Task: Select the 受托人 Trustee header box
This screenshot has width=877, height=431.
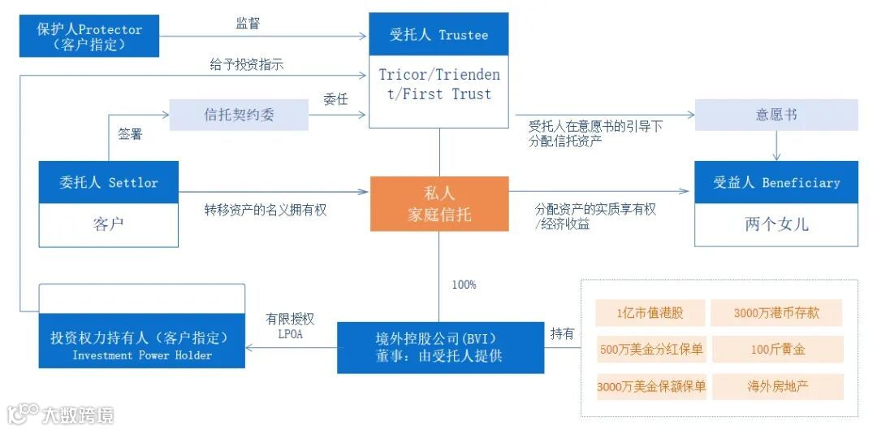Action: pos(438,35)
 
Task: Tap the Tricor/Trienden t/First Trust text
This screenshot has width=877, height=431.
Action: pos(438,85)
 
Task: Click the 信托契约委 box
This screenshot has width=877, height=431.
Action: pos(239,115)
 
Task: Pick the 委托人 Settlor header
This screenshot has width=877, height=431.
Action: pos(109,182)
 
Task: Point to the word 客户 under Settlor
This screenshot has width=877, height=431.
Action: pos(109,224)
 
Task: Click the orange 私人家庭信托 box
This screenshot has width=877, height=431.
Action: pos(439,203)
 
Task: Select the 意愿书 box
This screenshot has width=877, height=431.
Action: pos(775,115)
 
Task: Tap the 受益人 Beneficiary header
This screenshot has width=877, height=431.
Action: pos(775,182)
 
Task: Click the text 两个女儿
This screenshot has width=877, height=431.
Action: pos(775,224)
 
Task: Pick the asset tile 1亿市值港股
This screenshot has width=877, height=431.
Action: pos(650,314)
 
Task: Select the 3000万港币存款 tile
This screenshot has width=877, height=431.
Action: pos(776,314)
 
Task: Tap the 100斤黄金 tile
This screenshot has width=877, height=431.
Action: pos(776,350)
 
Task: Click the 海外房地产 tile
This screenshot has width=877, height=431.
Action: pos(776,387)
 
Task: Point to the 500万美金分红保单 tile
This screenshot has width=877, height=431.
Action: pos(650,350)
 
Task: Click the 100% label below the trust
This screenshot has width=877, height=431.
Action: pos(464,285)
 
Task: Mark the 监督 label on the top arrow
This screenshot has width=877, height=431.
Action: pos(248,24)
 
